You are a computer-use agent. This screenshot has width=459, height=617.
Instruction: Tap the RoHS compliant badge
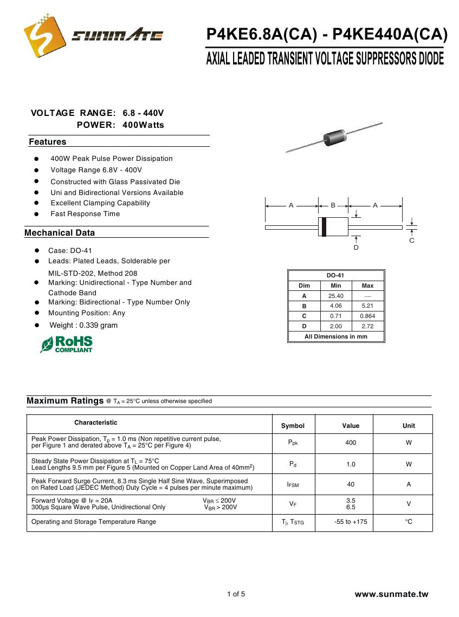tap(67, 345)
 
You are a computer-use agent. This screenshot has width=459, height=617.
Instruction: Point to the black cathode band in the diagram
tap(324, 227)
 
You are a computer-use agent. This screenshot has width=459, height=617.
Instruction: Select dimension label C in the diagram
tap(412, 241)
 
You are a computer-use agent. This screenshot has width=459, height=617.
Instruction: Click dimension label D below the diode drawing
tap(356, 248)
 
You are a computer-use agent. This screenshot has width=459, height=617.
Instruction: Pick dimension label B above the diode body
tap(333, 205)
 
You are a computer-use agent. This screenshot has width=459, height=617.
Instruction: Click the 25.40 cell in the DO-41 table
tap(336, 296)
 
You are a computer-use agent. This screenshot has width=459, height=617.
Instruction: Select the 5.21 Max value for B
tap(367, 306)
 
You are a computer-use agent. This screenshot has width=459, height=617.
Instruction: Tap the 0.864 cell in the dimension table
tap(367, 316)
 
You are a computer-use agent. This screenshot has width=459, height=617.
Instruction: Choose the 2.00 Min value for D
tap(336, 326)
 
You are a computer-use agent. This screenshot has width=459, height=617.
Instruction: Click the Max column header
tap(367, 285)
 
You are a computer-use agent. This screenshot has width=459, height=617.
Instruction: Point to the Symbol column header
tap(293, 426)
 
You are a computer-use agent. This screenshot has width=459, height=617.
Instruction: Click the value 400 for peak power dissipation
tap(351, 443)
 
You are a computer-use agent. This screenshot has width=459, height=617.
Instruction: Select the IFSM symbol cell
tap(293, 485)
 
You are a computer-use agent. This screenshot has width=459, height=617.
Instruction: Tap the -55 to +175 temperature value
tap(351, 522)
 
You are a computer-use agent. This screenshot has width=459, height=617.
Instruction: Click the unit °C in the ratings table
tap(409, 522)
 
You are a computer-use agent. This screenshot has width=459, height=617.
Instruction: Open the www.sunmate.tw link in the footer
tap(391, 594)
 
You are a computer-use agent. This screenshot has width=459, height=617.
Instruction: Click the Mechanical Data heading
tap(60, 233)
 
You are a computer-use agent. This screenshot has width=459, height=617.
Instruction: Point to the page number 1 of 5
tap(236, 594)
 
